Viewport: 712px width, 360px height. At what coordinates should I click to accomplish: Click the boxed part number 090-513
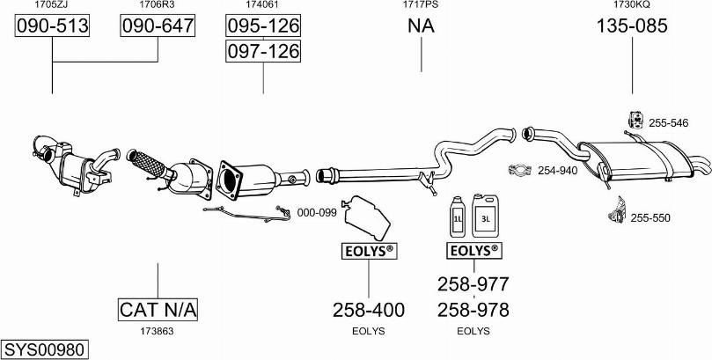53,26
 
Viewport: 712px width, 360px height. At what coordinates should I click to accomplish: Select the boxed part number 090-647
158,26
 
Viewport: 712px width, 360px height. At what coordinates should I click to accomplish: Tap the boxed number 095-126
263,26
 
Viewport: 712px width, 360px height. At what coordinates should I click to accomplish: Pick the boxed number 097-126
263,52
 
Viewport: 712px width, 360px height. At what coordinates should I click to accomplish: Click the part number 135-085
632,26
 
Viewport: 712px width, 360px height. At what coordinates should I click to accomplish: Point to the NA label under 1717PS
421,26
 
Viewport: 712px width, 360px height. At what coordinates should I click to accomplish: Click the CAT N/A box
158,310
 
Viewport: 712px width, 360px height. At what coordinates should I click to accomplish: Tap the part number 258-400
369,310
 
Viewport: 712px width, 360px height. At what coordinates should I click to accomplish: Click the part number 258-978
473,310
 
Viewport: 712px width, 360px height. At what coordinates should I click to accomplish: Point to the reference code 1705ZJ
53,5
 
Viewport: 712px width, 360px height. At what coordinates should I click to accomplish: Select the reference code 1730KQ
632,5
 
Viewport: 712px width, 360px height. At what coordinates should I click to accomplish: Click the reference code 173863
158,331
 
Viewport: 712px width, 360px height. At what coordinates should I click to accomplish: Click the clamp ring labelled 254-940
521,171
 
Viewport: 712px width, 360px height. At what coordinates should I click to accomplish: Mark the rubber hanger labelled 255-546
633,121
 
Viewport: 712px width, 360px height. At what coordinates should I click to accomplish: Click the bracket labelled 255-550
617,212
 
